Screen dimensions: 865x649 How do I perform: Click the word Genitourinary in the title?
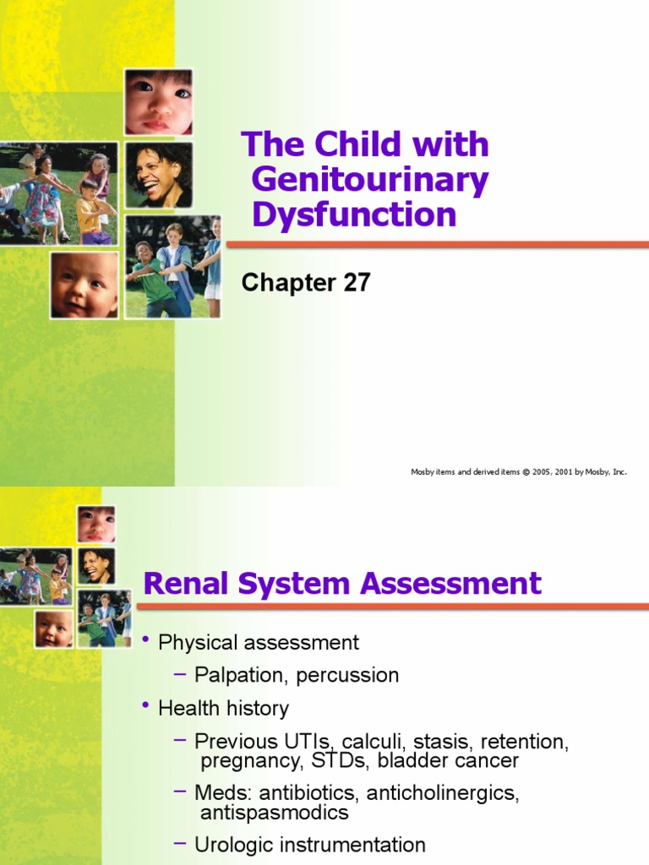(x=370, y=180)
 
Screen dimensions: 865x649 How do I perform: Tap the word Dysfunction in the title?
(x=354, y=215)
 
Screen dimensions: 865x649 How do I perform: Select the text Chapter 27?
(x=306, y=283)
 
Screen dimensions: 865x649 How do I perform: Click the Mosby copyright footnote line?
(x=519, y=472)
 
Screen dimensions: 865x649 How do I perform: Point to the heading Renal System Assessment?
(x=342, y=584)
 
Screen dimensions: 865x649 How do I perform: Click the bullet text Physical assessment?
(x=259, y=643)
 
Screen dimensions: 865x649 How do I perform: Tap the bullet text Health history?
(x=223, y=709)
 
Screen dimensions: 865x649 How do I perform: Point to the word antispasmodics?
(x=275, y=813)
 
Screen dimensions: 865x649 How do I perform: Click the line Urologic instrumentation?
(x=310, y=845)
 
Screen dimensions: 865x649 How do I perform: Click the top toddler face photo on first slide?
(x=158, y=102)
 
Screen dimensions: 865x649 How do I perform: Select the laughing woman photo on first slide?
(x=158, y=175)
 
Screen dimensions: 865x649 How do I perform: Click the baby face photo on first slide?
(x=84, y=285)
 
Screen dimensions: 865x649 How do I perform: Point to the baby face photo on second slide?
(x=54, y=628)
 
